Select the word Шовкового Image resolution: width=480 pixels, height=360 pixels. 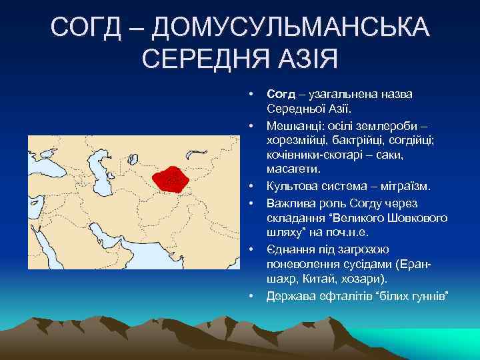414,217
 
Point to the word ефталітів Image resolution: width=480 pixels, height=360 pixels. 338,294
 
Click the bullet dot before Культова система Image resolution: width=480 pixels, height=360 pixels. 252,186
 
